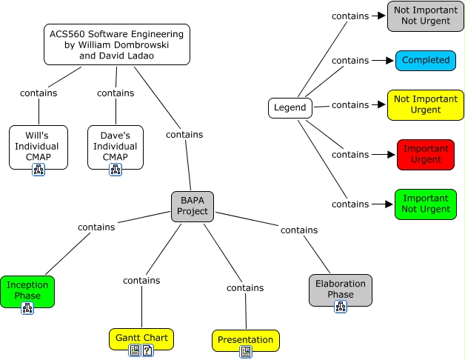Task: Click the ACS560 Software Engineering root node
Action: point(117,44)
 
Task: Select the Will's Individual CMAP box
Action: point(39,146)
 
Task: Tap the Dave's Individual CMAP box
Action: point(116,146)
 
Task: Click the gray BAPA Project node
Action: point(193,205)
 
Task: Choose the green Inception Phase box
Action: point(27,290)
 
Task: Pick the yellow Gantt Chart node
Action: point(141,338)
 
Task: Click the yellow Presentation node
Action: point(246,340)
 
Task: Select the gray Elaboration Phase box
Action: point(340,289)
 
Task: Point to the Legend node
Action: point(290,108)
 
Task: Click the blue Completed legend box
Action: point(425,60)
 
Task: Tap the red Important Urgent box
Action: point(425,154)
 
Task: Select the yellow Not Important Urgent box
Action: point(425,104)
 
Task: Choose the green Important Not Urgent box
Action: point(425,204)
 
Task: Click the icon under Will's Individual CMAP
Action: point(39,170)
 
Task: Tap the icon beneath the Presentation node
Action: point(246,352)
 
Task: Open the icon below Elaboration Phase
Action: point(340,306)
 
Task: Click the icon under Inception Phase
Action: point(27,307)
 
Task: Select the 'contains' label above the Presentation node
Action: point(245,287)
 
